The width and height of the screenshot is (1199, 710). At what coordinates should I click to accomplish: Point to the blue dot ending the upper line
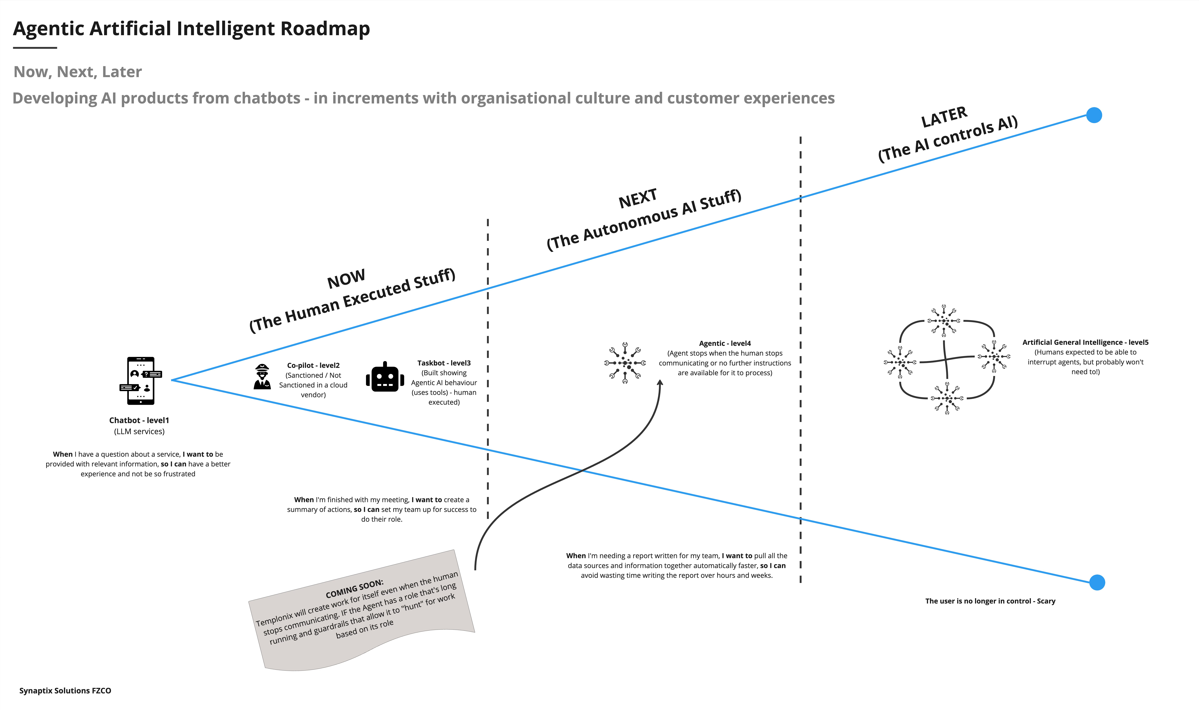[x=1094, y=115]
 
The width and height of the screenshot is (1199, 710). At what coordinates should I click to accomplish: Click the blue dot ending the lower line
[x=1097, y=583]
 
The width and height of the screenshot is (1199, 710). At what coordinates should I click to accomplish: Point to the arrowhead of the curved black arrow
[x=660, y=383]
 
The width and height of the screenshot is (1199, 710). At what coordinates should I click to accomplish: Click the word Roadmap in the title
[x=325, y=29]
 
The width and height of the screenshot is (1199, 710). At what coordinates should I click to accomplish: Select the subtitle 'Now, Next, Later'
[x=78, y=72]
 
